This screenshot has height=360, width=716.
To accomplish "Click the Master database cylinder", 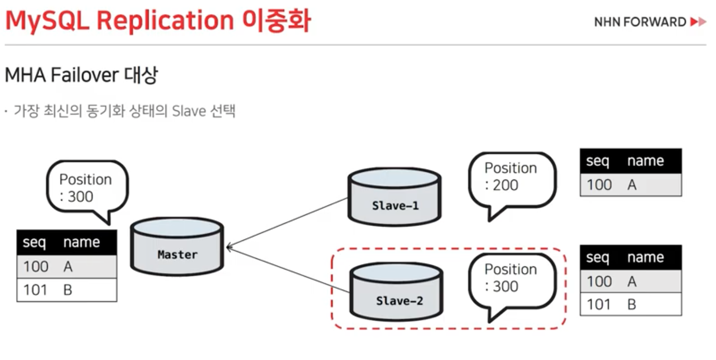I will [x=177, y=247].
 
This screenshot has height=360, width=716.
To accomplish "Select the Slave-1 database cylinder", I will [x=394, y=197].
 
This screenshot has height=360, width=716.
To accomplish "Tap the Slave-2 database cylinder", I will [x=396, y=292].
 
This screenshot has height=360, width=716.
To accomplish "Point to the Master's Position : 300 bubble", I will [x=87, y=187].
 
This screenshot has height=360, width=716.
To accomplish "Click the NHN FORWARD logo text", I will [x=640, y=22].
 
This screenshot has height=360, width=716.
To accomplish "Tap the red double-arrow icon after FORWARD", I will [x=698, y=22].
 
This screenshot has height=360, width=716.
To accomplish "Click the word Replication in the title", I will [x=165, y=21].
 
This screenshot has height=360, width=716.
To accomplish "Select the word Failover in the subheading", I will [x=85, y=75].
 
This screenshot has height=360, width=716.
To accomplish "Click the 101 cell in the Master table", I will [x=35, y=290].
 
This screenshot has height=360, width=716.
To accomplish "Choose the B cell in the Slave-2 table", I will [x=631, y=305].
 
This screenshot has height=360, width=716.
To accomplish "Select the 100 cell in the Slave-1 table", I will [x=599, y=185].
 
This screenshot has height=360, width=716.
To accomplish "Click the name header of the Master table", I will [x=81, y=242].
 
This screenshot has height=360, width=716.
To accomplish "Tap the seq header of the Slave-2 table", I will [x=597, y=258].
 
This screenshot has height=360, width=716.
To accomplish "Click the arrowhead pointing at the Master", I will [x=229, y=248].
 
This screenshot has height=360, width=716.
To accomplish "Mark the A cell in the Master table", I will [x=68, y=266].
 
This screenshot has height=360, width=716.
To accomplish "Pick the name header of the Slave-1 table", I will [x=645, y=161].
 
